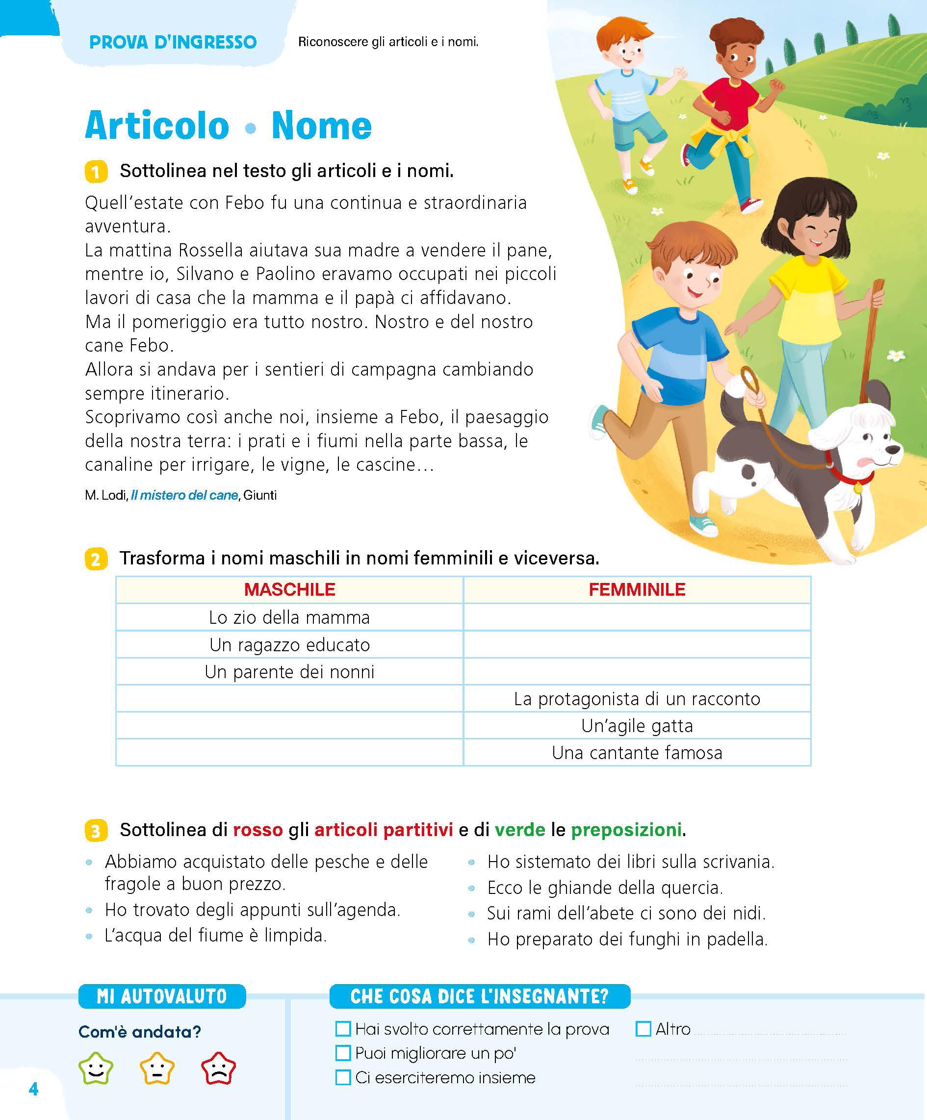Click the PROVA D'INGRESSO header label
pos(173,42)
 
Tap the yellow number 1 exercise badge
pos(96,172)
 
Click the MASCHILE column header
pos(289,589)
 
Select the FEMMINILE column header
pos(637,589)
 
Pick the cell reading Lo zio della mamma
pos(289,617)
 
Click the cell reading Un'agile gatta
pos(637,726)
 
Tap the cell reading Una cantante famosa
pos(637,753)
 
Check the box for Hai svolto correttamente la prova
pos(343,1028)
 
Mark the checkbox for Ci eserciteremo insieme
pos(343,1077)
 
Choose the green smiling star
pos(96,1069)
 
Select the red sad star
pos(218,1069)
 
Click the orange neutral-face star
pos(157,1069)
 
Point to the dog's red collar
pos(848,474)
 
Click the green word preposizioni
pos(626,829)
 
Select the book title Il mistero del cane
pos(184,495)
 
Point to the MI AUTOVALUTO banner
pos(161,996)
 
